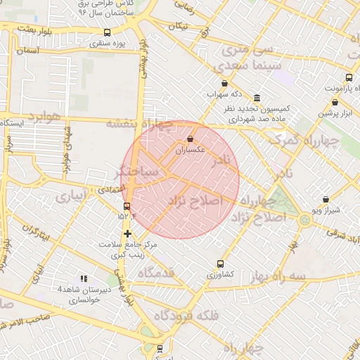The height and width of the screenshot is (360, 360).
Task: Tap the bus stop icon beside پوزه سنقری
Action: click(x=107, y=32)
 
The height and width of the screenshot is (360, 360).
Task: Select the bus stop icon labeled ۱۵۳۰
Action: click(x=127, y=206)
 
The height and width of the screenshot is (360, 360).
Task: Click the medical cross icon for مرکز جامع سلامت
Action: click(x=127, y=233)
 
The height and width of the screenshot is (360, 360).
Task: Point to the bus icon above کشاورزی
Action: click(x=221, y=264)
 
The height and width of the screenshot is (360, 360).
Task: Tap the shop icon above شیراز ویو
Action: click(x=325, y=200)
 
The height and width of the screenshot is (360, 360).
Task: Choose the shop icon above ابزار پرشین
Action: click(x=335, y=102)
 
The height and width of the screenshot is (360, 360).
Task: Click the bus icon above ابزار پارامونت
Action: click(x=348, y=78)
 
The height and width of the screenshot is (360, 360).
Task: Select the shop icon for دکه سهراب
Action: click(x=224, y=84)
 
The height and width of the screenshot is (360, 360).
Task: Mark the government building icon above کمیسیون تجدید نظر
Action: click(x=257, y=98)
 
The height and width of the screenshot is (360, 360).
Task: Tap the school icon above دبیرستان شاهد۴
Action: click(x=84, y=279)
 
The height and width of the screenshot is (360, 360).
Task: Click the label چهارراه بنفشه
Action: click(x=139, y=123)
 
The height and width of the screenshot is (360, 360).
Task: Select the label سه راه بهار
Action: click(x=281, y=274)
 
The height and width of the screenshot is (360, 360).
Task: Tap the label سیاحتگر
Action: click(x=141, y=171)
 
